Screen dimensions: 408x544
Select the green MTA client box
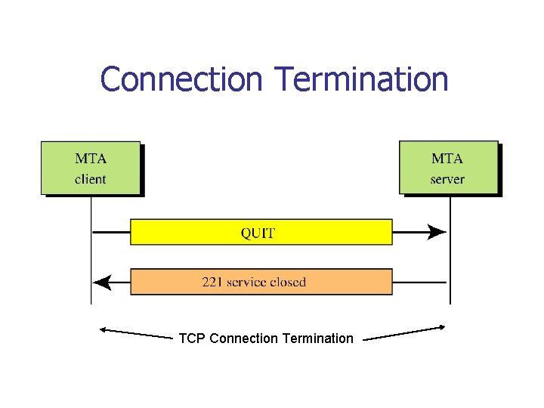tap(91, 168)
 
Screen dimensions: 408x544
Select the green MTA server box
tap(448, 168)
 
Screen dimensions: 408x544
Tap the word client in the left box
tap(90, 180)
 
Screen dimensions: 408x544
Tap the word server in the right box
tap(447, 180)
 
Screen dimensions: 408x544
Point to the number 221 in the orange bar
tap(212, 282)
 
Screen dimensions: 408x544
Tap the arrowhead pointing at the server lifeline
tap(436, 233)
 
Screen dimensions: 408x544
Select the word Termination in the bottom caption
tap(317, 338)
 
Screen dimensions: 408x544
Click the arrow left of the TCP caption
tap(136, 333)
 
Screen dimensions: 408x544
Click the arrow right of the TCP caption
tap(404, 333)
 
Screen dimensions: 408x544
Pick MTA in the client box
tap(91, 159)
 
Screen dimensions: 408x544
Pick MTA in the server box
tap(447, 159)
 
